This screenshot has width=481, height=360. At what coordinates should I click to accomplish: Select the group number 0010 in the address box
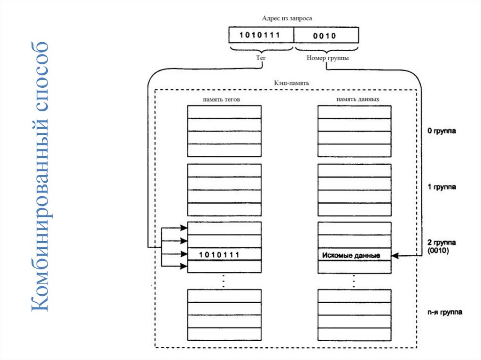point(326,35)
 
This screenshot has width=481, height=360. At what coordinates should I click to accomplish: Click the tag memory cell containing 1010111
point(224,254)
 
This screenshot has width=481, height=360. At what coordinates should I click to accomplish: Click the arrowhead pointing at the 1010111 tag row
point(184,254)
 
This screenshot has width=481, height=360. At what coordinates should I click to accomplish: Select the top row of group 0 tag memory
point(224,112)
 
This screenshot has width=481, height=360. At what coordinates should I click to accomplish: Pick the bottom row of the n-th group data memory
point(355,334)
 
